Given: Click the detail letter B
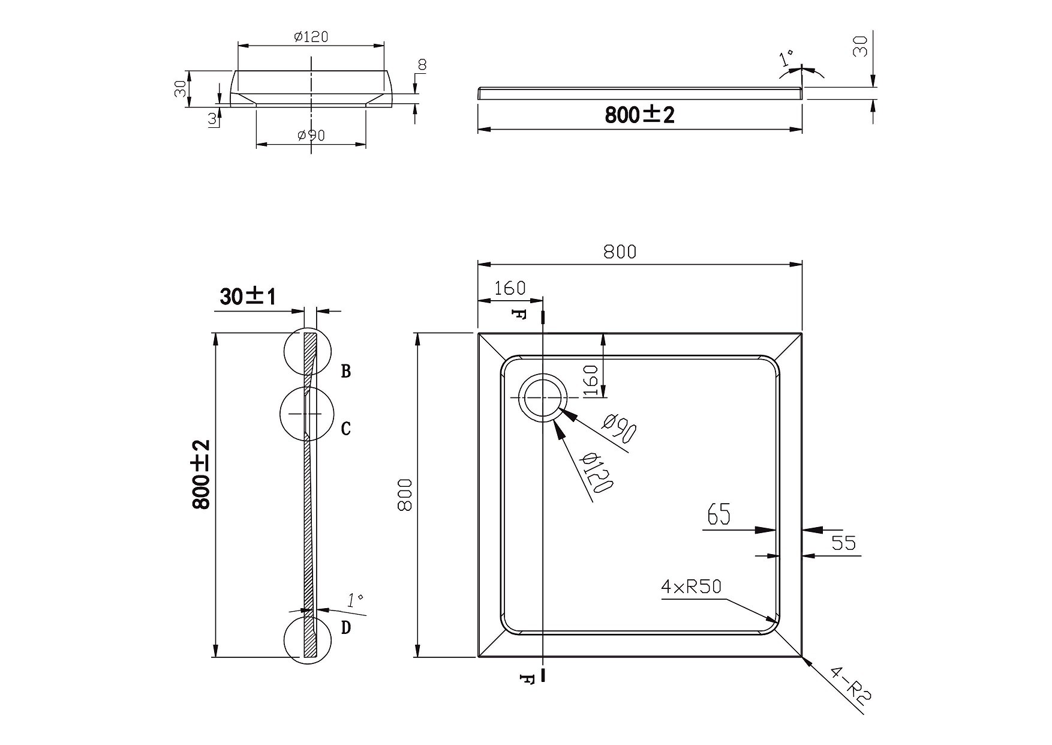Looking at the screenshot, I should [x=346, y=371].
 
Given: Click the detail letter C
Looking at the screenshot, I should [x=345, y=429].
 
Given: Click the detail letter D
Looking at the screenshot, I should [x=345, y=628].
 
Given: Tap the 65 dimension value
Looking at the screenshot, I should [x=719, y=514].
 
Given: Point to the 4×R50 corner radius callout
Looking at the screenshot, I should [x=690, y=587].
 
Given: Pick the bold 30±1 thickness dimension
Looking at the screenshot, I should [x=248, y=296].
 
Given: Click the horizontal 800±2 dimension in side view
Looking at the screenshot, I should [x=639, y=115].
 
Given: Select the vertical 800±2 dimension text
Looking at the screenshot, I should [x=201, y=474].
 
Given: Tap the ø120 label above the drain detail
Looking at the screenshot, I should [x=311, y=37].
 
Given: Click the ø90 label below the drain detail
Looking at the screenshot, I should [x=311, y=136].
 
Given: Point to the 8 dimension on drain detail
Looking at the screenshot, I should [x=422, y=65].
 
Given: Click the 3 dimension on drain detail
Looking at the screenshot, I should [x=212, y=119].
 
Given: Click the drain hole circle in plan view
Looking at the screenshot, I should [x=543, y=398].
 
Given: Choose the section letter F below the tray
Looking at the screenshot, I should [x=526, y=679].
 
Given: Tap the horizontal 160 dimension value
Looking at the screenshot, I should [x=510, y=288].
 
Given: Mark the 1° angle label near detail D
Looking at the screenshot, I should [x=355, y=599].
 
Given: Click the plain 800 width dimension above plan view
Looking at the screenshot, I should [x=620, y=252].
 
